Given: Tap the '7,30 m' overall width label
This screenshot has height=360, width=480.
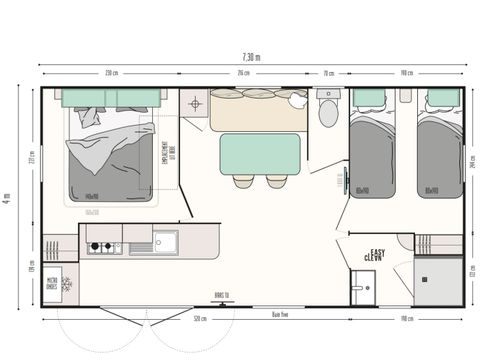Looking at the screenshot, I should pyautogui.click(x=250, y=56).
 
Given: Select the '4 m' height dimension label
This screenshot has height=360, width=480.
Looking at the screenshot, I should pyautogui.click(x=8, y=199).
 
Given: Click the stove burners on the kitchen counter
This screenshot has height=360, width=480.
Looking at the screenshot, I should pyautogui.click(x=101, y=242).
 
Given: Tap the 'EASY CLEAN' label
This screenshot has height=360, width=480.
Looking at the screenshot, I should pyautogui.click(x=376, y=255).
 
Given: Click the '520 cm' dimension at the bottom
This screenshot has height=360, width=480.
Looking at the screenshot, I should pyautogui.click(x=201, y=319).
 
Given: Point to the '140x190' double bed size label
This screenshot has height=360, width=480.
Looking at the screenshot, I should pyautogui.click(x=91, y=195).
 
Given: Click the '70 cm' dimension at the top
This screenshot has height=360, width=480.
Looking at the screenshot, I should pyautogui.click(x=328, y=73).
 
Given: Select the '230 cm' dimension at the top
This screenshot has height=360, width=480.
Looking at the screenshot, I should pyautogui.click(x=111, y=73).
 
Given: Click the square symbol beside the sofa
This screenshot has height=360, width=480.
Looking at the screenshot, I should pyautogui.click(x=194, y=103).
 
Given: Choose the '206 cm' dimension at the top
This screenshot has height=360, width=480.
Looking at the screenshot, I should pyautogui.click(x=243, y=73).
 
